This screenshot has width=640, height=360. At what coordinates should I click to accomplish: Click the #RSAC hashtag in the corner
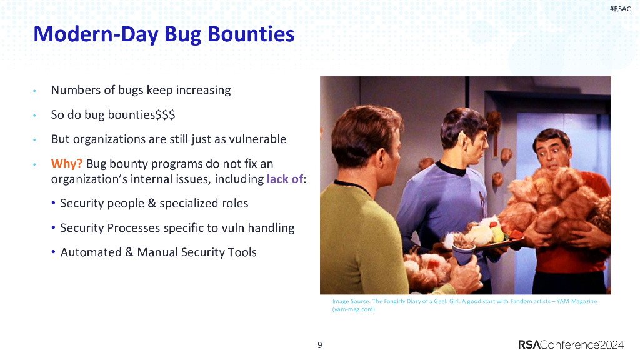620,9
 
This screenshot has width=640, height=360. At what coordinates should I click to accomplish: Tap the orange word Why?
67,164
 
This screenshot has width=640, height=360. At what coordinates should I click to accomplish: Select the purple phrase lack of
284,179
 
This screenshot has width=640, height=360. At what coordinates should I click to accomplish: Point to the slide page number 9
320,345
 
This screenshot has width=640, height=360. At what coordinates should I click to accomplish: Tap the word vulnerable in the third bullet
254,139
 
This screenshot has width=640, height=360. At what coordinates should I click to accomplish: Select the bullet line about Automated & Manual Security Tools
158,252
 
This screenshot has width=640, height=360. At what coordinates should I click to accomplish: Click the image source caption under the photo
464,305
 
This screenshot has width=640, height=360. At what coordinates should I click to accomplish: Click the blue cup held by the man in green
464,254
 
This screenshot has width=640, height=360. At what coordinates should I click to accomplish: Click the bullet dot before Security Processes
54,228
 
